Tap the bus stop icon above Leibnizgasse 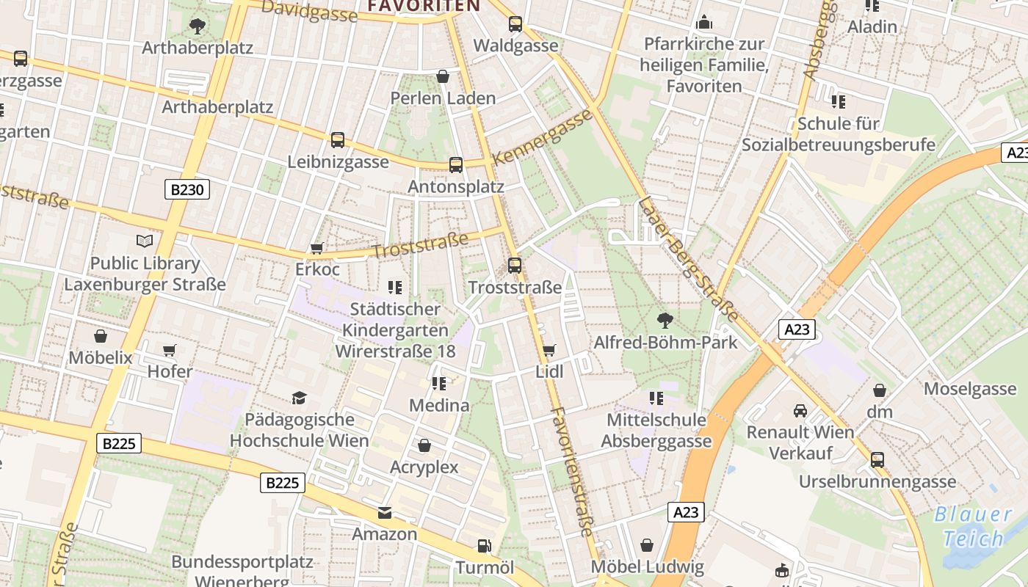point(338,139)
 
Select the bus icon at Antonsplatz point(456,165)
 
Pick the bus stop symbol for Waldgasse point(515,24)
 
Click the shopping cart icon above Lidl point(549,350)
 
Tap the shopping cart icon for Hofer point(170,350)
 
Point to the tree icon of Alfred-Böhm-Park point(665,320)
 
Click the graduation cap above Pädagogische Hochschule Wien point(299,398)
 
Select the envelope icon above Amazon point(385,512)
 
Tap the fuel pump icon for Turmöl point(484,546)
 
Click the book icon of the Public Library point(145,241)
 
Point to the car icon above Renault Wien point(800,410)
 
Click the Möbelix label point(101,358)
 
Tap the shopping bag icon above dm point(879,390)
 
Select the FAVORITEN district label point(424,6)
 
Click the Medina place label point(439,405)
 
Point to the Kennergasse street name point(543,137)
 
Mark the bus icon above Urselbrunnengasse point(877,460)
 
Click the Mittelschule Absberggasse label point(656,431)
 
